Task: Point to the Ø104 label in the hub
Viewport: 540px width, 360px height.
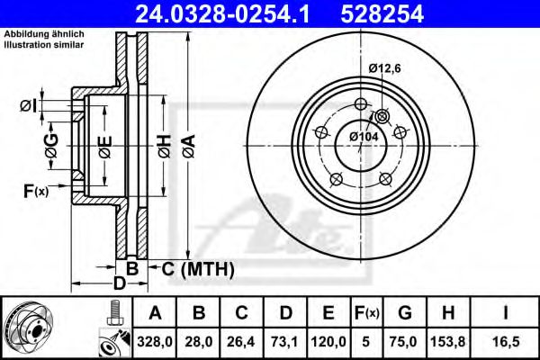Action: tap(363, 135)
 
